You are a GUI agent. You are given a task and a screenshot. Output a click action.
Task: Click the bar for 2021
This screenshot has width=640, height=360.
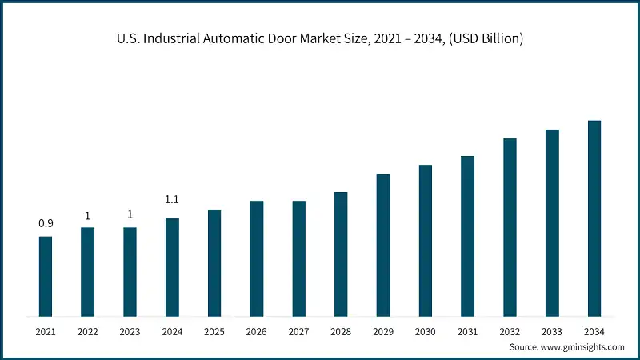click(46, 276)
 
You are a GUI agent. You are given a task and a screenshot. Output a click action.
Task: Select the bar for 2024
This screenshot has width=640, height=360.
click(172, 267)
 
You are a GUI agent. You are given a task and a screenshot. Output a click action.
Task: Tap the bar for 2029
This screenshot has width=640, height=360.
click(383, 245)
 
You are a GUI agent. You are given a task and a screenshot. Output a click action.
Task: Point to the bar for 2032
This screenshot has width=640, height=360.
click(510, 227)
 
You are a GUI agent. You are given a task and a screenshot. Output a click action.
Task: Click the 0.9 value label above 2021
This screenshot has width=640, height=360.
click(46, 223)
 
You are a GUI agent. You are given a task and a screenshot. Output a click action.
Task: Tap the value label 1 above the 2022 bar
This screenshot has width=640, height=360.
click(88, 215)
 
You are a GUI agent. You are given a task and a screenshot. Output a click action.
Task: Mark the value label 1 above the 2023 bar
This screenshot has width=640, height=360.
click(130, 215)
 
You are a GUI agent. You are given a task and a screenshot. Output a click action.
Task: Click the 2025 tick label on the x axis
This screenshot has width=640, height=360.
click(214, 330)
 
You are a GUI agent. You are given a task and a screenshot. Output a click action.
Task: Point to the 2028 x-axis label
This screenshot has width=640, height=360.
click(341, 330)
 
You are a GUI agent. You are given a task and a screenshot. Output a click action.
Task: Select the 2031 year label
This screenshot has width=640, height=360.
click(467, 330)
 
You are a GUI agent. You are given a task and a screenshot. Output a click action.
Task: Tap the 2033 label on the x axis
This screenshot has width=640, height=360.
click(552, 330)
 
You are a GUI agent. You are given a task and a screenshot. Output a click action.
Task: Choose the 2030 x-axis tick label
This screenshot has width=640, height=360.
click(425, 330)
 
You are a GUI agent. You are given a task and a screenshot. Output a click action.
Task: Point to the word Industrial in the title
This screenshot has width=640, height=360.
click(167, 38)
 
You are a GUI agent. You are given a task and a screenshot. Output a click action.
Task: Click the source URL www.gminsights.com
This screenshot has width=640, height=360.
click(582, 347)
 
